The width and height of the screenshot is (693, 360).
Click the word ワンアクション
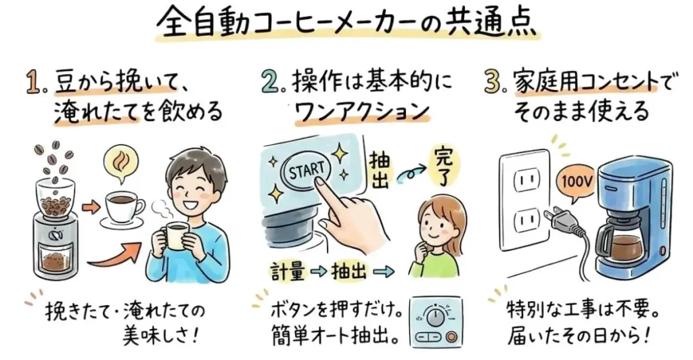(363, 110)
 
